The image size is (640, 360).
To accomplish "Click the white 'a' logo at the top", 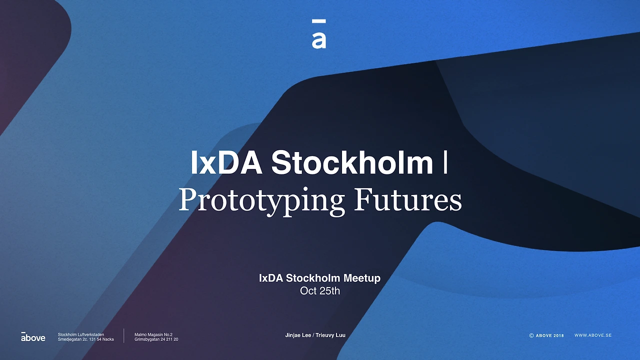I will pos(319,39).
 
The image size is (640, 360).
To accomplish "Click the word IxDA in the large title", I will pos(226,162).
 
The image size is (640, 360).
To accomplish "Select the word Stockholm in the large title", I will pos(352,162).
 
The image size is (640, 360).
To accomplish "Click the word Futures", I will pos(407,199).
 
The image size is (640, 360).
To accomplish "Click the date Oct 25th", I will pos(320,290).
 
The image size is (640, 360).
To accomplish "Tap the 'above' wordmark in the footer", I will pos(33,337).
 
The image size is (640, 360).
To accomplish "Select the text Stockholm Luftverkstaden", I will pos(81,334).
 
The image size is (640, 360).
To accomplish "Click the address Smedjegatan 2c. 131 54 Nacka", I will pos(85,339).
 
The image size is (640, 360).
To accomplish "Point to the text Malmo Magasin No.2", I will pos(153,334).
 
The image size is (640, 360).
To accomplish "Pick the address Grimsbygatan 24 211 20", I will pos(156,339).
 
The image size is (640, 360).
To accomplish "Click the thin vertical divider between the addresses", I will pos(124,336).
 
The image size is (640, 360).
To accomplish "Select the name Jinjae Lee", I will pos(298,335).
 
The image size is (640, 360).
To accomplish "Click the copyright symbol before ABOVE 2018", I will pos(531,335).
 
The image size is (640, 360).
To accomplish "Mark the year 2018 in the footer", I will pos(558,335).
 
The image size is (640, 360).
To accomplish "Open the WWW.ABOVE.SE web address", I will pos(593,335).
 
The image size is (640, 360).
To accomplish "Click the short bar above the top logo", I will pos(319,21).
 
